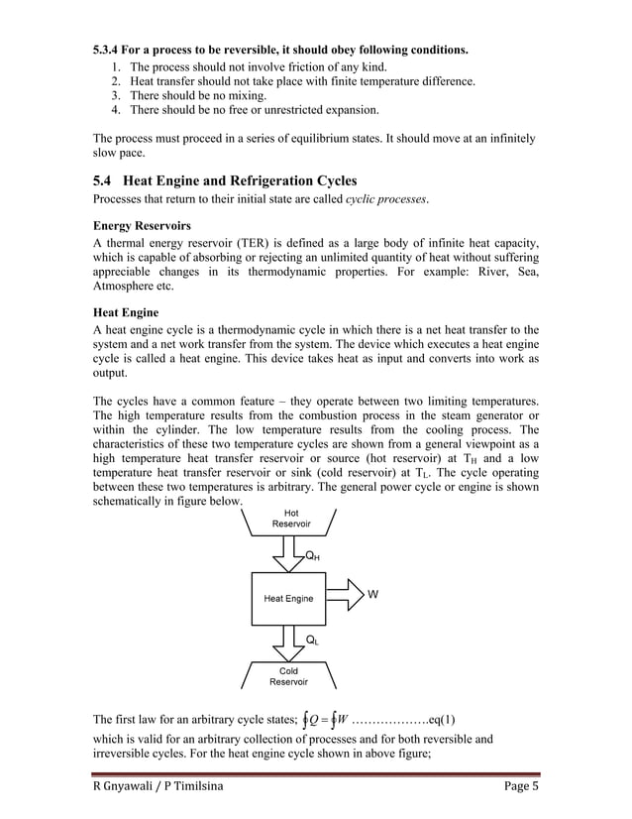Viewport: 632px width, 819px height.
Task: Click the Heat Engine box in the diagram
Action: pyautogui.click(x=288, y=598)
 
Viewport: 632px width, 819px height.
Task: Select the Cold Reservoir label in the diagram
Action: pyautogui.click(x=289, y=676)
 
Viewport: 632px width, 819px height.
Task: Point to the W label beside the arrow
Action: pyautogui.click(x=372, y=595)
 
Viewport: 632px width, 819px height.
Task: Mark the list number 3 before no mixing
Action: pyautogui.click(x=115, y=95)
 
